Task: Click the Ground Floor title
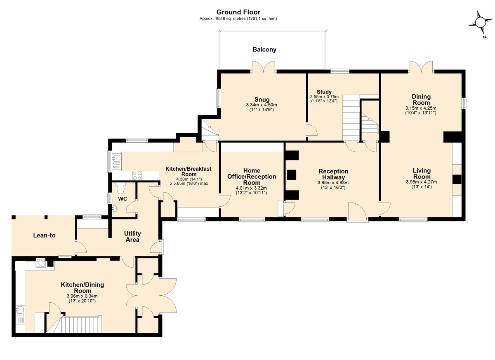tap(238, 12)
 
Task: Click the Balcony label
tap(264, 49)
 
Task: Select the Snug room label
tap(262, 99)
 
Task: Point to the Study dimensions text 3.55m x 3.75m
tap(324, 97)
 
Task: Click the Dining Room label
tap(421, 100)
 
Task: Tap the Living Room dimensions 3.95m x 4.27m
tap(422, 182)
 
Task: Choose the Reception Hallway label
tap(333, 174)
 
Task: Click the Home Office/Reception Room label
tap(252, 176)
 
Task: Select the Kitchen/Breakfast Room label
tap(188, 172)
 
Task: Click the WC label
tap(123, 199)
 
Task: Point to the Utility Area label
tap(132, 237)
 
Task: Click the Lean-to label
tap(44, 235)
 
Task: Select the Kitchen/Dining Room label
tap(82, 287)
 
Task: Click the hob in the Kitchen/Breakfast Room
tap(137, 176)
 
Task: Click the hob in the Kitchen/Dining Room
tap(41, 263)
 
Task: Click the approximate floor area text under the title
tap(238, 19)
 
